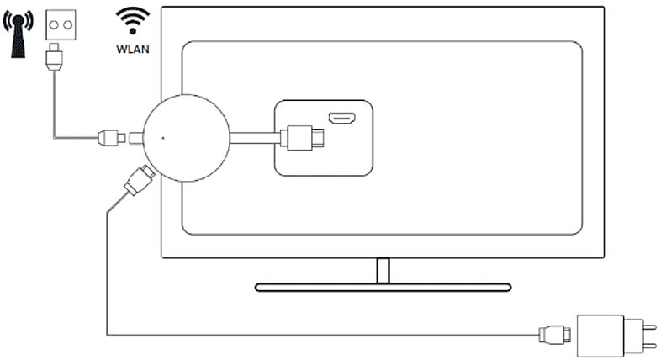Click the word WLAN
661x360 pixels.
[132, 50]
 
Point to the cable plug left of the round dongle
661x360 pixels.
[110, 137]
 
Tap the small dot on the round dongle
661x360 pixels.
[163, 136]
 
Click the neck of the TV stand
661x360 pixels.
[383, 270]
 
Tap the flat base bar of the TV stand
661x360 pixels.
[383, 287]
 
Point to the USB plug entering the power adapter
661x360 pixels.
[555, 335]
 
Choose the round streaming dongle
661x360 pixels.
[184, 136]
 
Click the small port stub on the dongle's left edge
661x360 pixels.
[135, 136]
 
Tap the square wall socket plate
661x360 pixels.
[60, 22]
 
